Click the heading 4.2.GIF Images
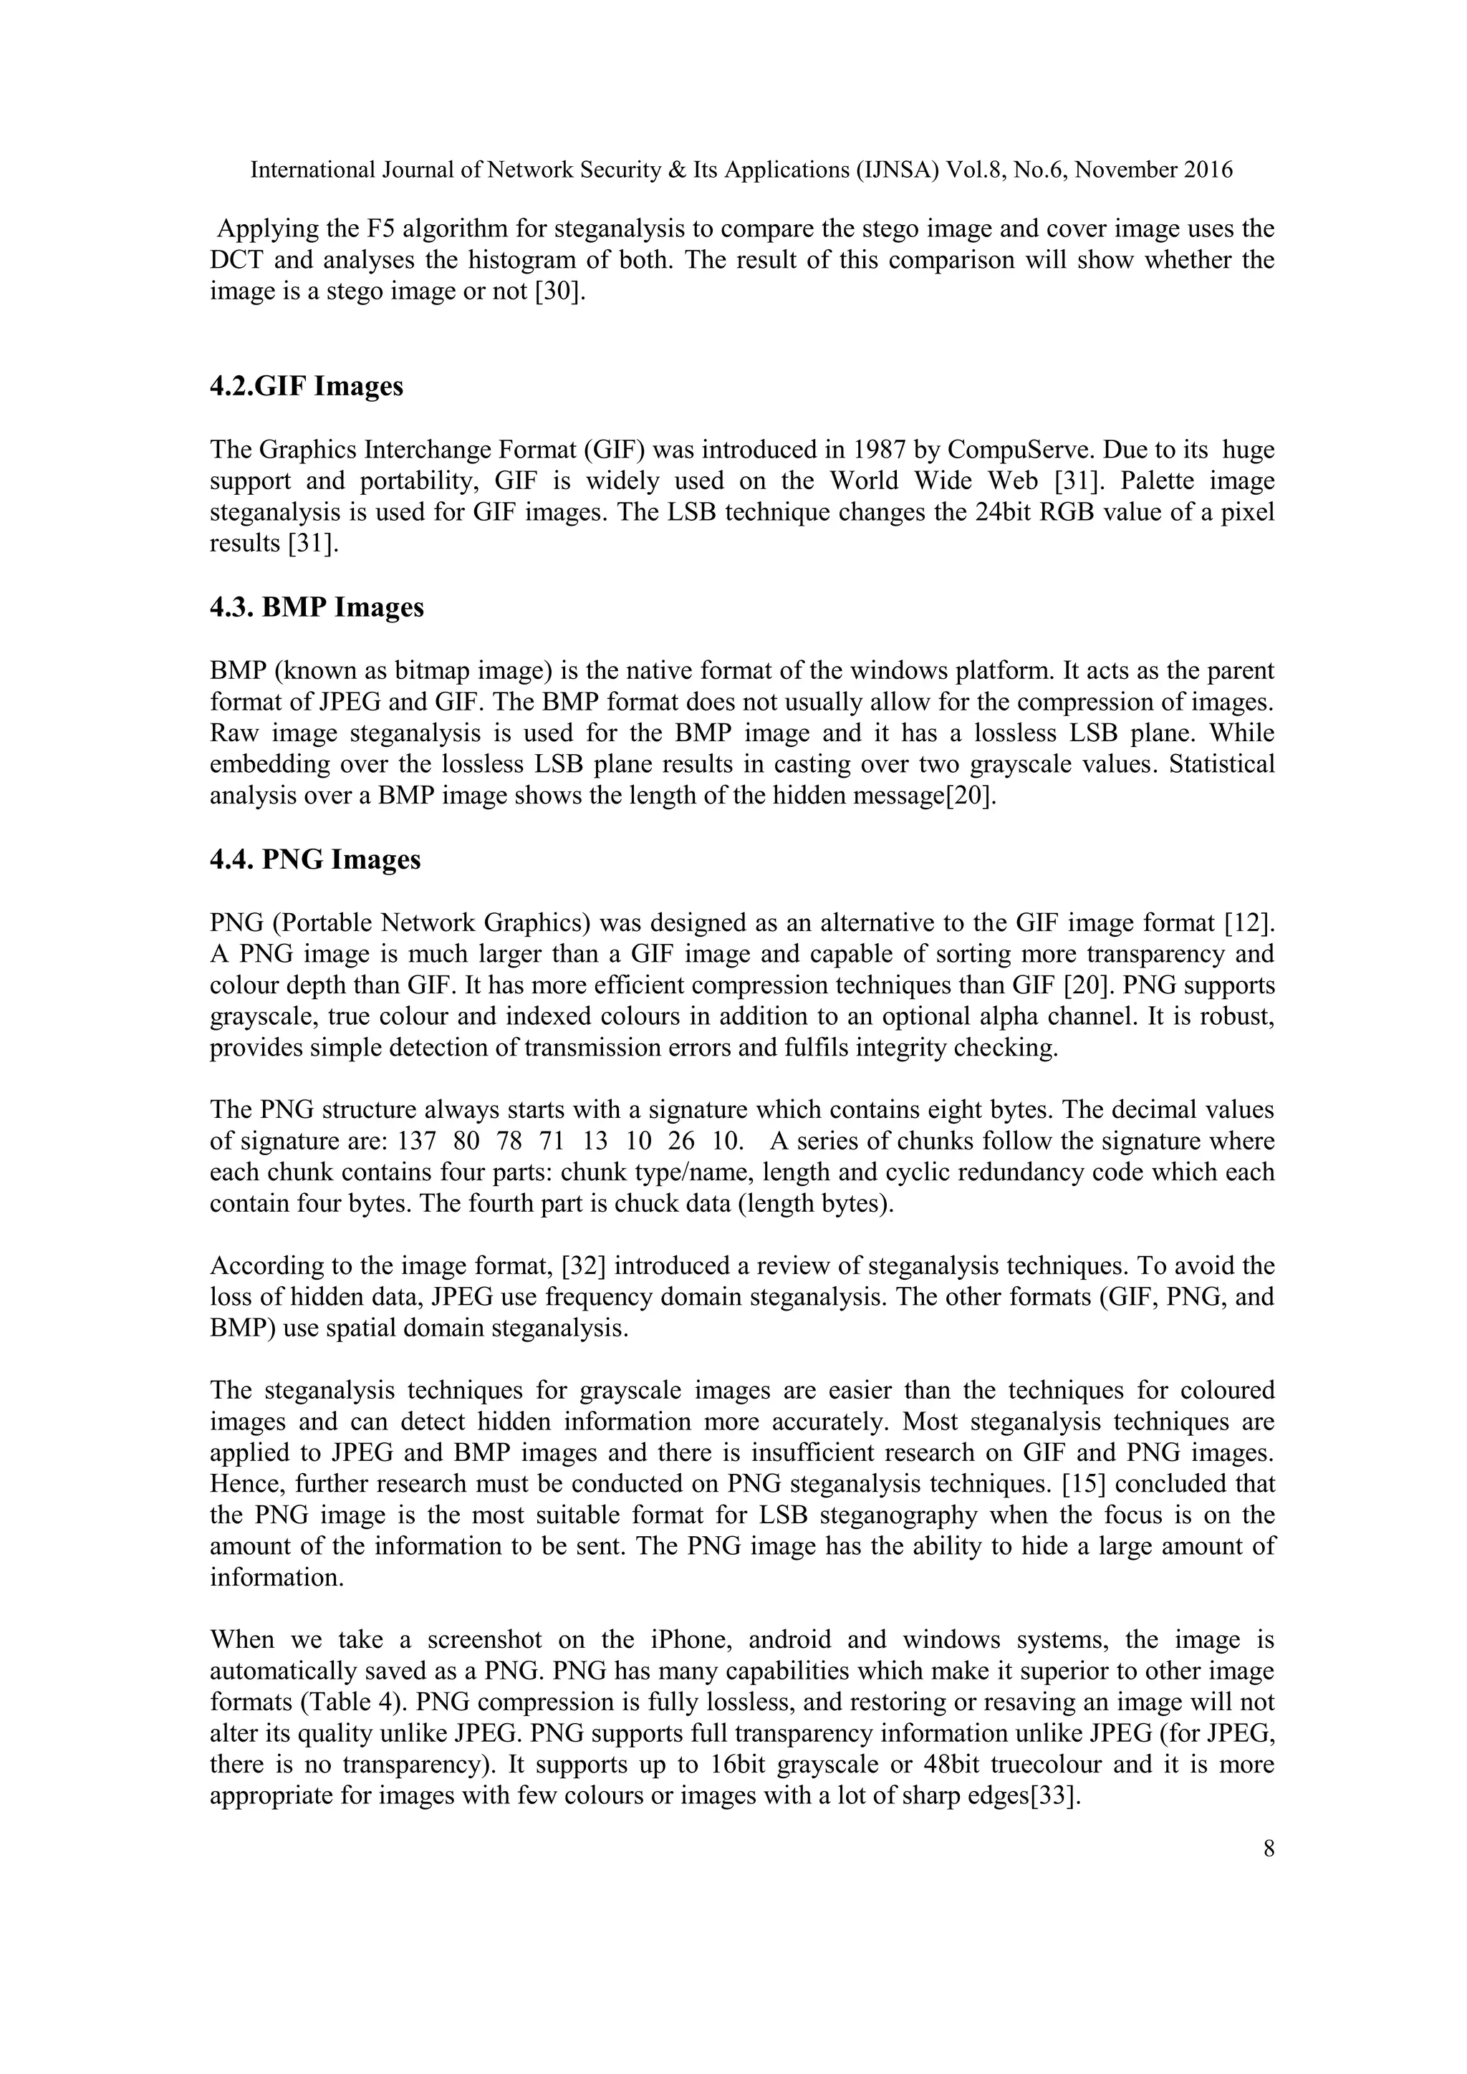[x=307, y=387]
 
